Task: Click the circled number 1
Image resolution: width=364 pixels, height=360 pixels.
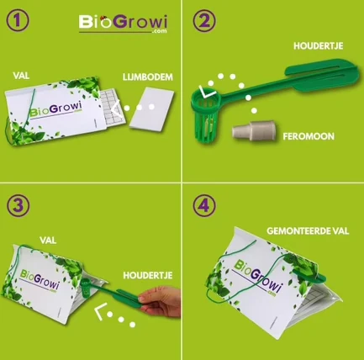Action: tap(18, 21)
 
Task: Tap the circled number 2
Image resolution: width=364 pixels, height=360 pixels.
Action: tap(204, 21)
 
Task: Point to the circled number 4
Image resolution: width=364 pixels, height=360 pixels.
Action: tap(204, 205)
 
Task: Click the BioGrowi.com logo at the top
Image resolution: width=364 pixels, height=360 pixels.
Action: tap(123, 24)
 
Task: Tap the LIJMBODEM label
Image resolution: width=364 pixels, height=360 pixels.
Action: tap(148, 77)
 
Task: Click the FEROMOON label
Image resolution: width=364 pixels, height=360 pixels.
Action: tap(309, 136)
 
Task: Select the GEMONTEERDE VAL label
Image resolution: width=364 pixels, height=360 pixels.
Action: tap(308, 231)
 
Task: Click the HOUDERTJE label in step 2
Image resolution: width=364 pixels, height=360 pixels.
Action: tap(319, 45)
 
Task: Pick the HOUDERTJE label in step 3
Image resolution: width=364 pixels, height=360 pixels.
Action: tap(148, 275)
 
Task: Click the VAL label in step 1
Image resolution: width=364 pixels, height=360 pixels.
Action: tap(21, 76)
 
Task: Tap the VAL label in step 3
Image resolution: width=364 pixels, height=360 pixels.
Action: tap(48, 241)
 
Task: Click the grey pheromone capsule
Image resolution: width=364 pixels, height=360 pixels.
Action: tap(254, 130)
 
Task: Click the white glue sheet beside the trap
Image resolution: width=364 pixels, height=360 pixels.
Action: tap(152, 109)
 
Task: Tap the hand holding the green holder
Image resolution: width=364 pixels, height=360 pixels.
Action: tap(161, 302)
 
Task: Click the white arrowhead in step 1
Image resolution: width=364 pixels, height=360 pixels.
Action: tap(116, 108)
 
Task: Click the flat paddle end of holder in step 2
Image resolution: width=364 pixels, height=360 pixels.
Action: tap(322, 75)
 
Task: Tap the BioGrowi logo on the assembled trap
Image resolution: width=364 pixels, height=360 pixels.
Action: tap(259, 277)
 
